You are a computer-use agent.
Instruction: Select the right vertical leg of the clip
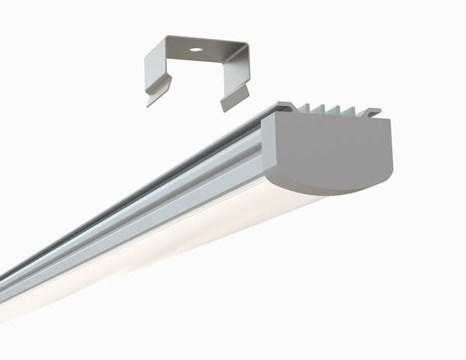(235, 73)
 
